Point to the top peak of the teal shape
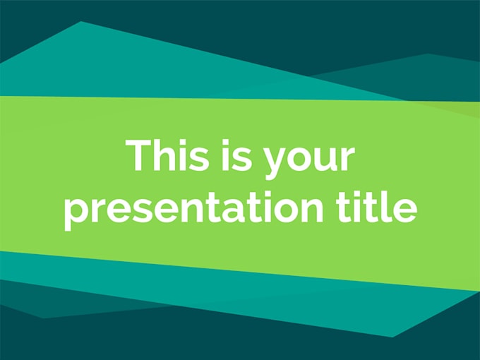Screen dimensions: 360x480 81,22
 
